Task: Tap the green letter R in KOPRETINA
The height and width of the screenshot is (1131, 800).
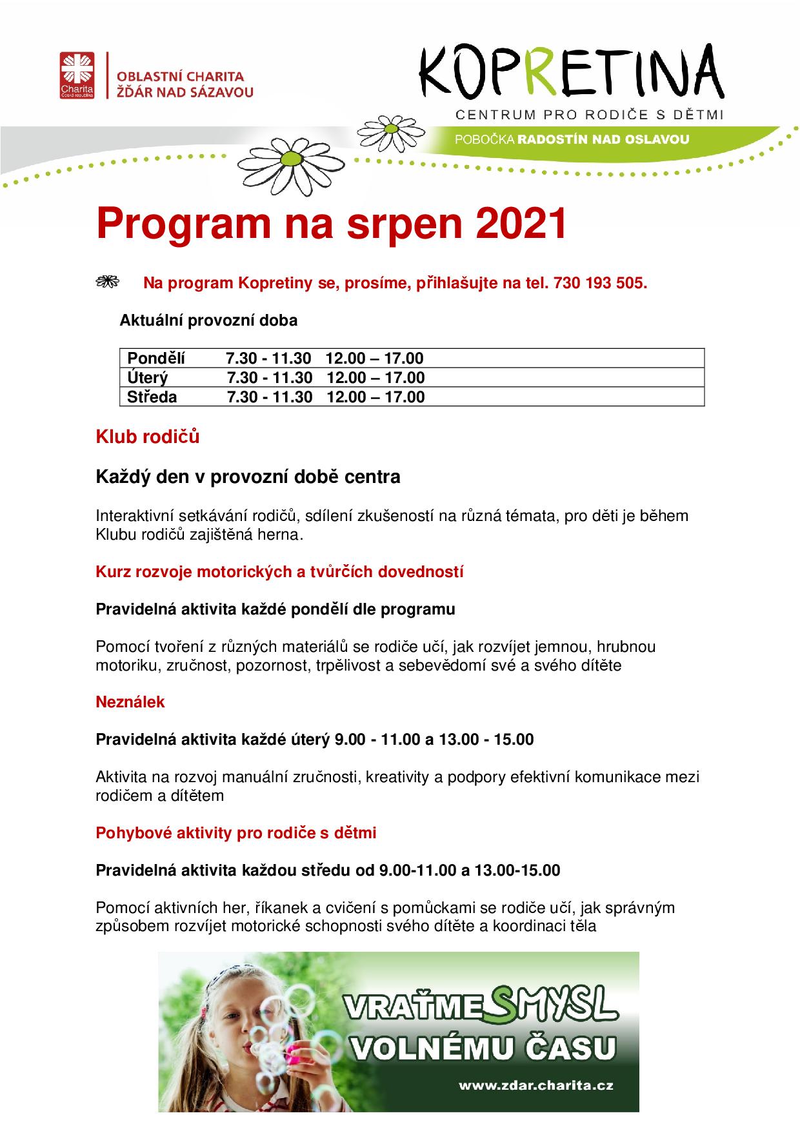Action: pyautogui.click(x=546, y=73)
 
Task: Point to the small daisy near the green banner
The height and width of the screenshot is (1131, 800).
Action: pyautogui.click(x=389, y=128)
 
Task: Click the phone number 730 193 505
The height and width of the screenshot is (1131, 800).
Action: pyautogui.click(x=598, y=283)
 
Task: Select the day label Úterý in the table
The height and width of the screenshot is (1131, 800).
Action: pyautogui.click(x=148, y=377)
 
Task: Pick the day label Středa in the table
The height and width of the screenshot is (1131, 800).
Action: pyautogui.click(x=152, y=397)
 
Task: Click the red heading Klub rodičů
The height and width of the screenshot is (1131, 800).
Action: pyautogui.click(x=148, y=437)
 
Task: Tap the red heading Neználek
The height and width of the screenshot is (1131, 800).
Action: pyautogui.click(x=130, y=702)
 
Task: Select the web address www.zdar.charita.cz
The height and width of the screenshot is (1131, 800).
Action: pyautogui.click(x=535, y=1085)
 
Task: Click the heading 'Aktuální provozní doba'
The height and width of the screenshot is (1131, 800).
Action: pyautogui.click(x=208, y=320)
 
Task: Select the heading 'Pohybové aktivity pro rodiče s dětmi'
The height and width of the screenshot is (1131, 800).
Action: pyautogui.click(x=236, y=832)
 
